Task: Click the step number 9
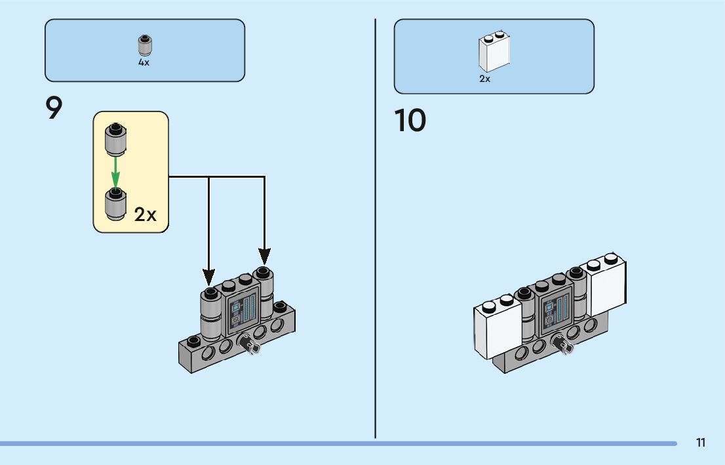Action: (54, 108)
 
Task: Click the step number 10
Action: (410, 121)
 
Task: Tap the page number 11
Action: (701, 443)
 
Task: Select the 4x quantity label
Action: (144, 63)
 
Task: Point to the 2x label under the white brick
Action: (484, 79)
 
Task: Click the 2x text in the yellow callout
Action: (146, 214)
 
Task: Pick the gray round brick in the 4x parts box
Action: (144, 46)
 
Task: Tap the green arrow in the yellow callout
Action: (115, 170)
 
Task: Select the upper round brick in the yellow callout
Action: (115, 138)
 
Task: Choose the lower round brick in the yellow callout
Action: (116, 205)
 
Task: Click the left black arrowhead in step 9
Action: (209, 275)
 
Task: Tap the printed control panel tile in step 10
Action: (555, 312)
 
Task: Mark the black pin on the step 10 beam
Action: (562, 343)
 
